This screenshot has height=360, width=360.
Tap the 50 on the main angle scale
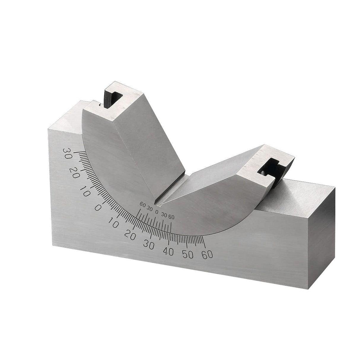pos(188,255)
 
